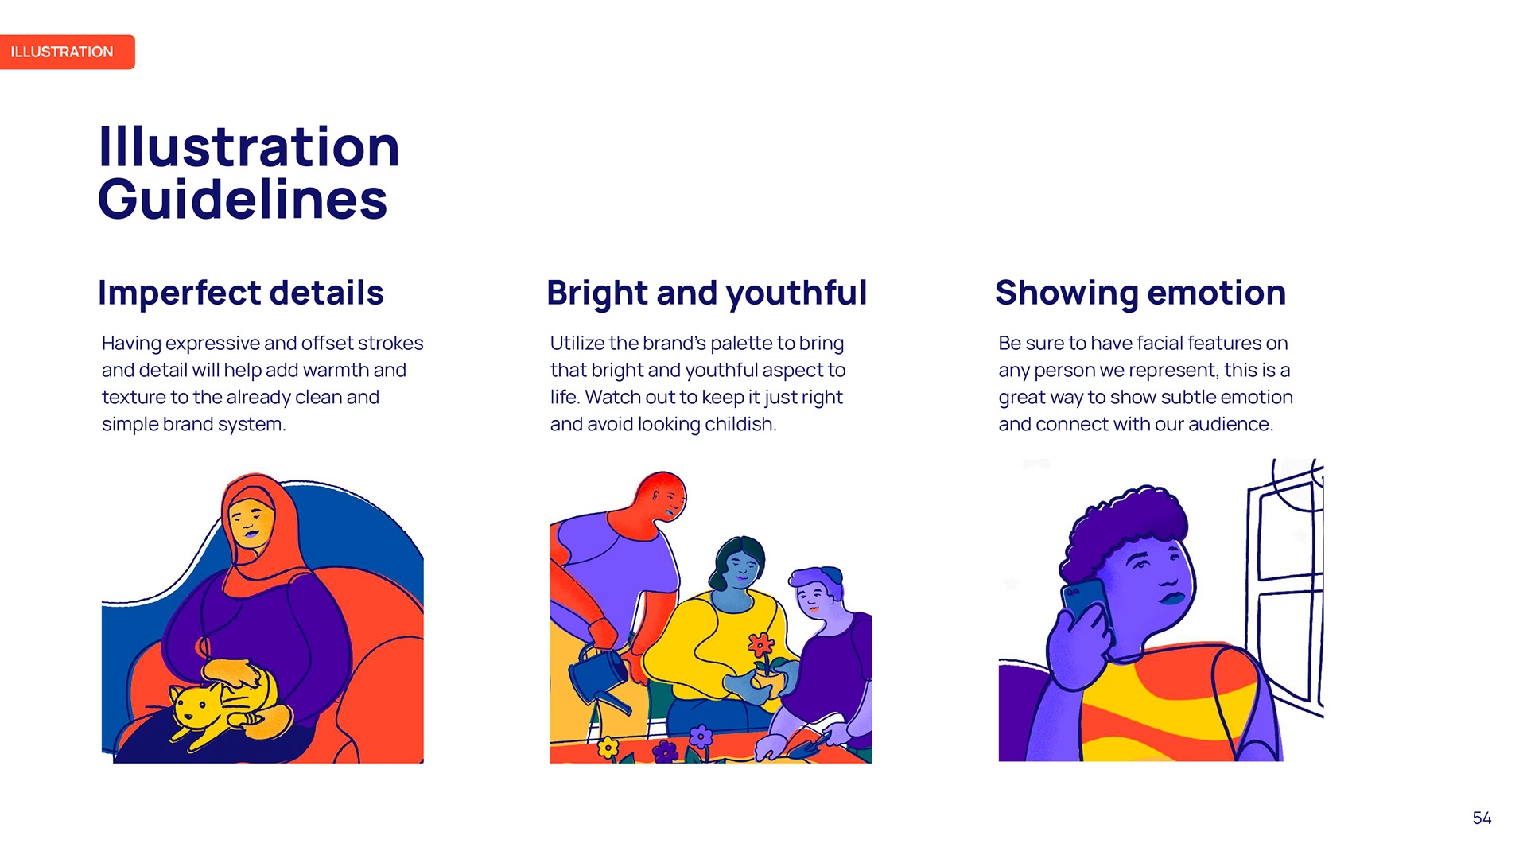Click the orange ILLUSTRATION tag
point(67,52)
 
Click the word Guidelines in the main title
point(243,199)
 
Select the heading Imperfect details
point(240,293)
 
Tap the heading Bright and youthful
point(706,293)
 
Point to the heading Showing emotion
point(1140,293)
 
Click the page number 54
point(1482,818)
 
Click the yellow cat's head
point(193,705)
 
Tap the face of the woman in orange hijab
point(251,523)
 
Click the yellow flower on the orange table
point(608,748)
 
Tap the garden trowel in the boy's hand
point(810,744)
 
